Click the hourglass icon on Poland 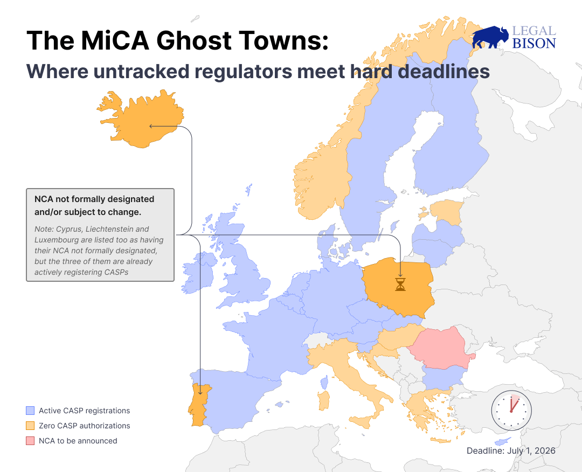tap(400, 284)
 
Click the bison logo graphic tap(490, 38)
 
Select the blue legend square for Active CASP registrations tap(30, 411)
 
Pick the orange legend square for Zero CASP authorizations tap(30, 426)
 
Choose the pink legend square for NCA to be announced tap(30, 441)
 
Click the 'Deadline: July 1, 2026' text tap(511, 450)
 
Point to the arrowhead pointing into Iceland tap(151, 127)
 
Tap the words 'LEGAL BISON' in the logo tap(533, 38)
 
